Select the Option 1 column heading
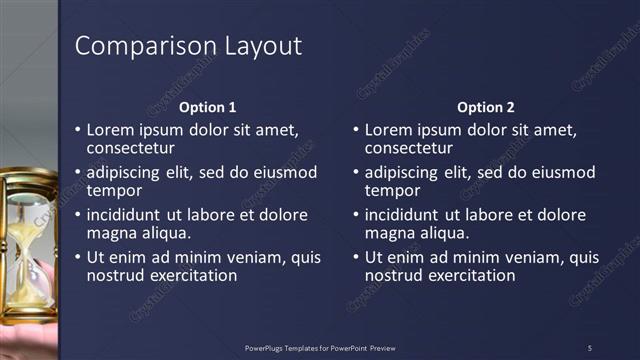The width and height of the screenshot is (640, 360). point(207,107)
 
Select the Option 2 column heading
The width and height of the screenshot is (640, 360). point(485,107)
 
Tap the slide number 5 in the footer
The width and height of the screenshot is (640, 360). point(590,348)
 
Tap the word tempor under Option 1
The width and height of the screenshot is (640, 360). point(114,191)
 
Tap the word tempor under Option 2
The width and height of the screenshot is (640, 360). point(392,191)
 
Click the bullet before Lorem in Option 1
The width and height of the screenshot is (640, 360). point(79,131)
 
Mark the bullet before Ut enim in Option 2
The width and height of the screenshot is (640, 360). point(357,257)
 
